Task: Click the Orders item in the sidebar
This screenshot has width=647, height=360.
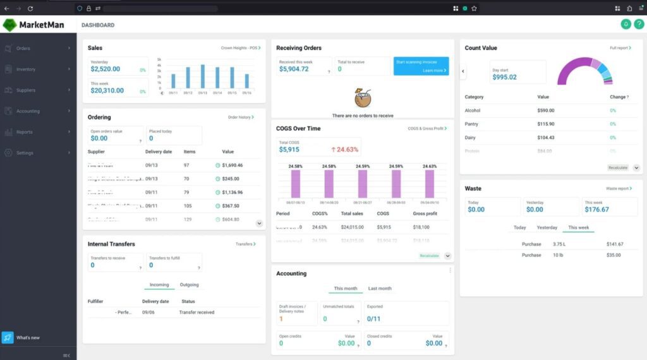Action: [x=23, y=48]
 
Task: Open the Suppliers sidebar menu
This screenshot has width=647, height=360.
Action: [x=25, y=90]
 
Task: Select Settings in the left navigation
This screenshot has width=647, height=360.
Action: [x=25, y=153]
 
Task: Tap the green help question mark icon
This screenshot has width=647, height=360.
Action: [x=639, y=24]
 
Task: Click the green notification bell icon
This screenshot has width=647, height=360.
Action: [x=626, y=24]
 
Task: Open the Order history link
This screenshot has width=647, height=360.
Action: [x=241, y=117]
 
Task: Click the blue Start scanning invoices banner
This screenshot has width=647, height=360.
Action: [x=421, y=66]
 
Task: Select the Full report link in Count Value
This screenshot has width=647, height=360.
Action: [x=620, y=48]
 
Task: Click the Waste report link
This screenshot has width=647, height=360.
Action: [x=619, y=189]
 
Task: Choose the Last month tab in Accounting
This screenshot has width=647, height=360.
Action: [x=380, y=289]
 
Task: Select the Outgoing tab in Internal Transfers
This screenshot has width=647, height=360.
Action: [x=189, y=285]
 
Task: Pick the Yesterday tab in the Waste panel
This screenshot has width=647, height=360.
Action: [x=547, y=227]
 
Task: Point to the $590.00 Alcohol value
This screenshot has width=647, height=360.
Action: [x=545, y=111]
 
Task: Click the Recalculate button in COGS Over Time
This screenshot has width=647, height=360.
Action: [x=428, y=256]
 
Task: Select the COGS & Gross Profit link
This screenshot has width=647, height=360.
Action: [x=427, y=129]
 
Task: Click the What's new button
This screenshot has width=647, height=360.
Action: [x=28, y=338]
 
